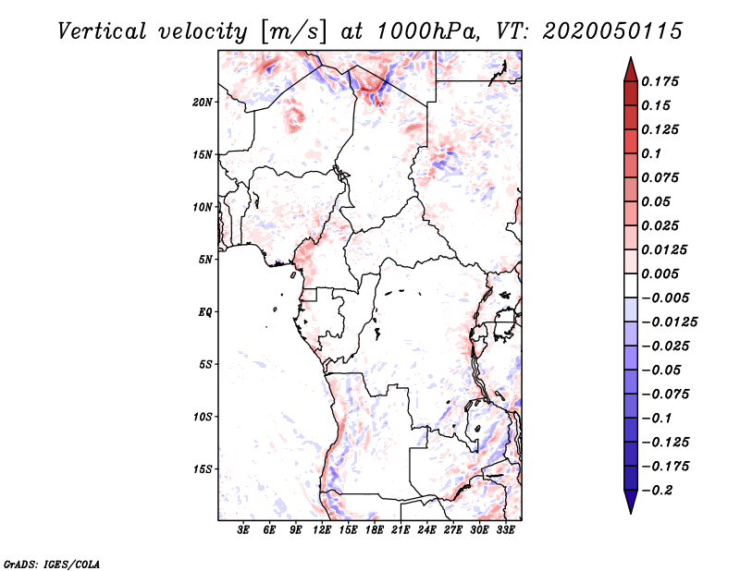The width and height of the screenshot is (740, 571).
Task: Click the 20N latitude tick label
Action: (x=203, y=103)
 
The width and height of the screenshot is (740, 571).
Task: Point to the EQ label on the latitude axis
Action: (x=205, y=312)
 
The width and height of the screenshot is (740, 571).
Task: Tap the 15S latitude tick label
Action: (x=203, y=469)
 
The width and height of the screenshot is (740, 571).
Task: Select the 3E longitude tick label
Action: (x=243, y=529)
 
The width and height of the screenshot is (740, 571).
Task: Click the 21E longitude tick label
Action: (x=401, y=529)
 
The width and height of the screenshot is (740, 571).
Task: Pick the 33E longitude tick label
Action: (x=505, y=529)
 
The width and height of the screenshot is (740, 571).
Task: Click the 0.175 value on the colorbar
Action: (x=660, y=81)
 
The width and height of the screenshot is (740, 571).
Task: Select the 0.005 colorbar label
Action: (x=660, y=273)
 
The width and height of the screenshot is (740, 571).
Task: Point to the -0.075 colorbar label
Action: (x=665, y=395)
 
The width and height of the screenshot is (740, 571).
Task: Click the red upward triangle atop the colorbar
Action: (x=631, y=69)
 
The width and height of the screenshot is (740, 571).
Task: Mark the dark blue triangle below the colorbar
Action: (x=631, y=502)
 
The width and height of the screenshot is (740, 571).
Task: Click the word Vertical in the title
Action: (x=102, y=31)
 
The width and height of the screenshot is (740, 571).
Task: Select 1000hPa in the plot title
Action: (x=428, y=31)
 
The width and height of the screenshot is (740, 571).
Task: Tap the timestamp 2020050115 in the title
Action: (x=612, y=31)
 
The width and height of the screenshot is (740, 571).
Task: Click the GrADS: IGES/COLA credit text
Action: (x=52, y=565)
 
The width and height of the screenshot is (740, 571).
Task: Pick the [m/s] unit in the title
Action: (x=292, y=31)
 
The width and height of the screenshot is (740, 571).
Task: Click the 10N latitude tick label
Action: (x=203, y=207)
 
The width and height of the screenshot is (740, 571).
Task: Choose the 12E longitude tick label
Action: (x=321, y=529)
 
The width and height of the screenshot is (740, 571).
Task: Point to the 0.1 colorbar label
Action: (x=651, y=153)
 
